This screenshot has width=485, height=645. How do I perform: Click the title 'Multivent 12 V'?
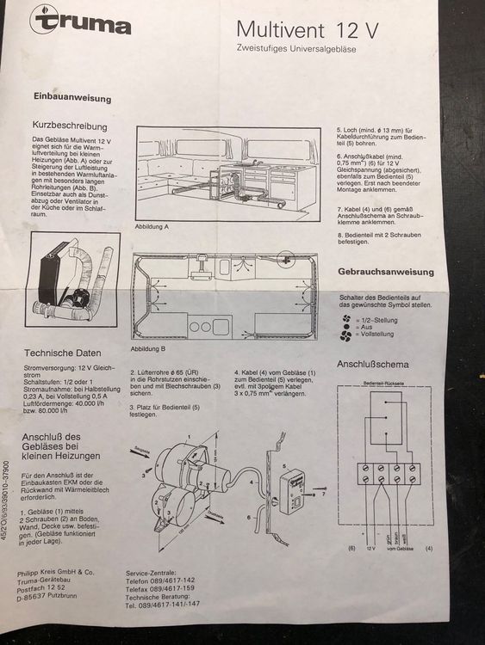click(308, 31)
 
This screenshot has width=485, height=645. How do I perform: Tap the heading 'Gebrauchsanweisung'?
click(385, 272)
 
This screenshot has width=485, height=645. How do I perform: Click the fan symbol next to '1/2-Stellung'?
click(346, 317)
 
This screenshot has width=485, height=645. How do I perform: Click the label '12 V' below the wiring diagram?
click(373, 548)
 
